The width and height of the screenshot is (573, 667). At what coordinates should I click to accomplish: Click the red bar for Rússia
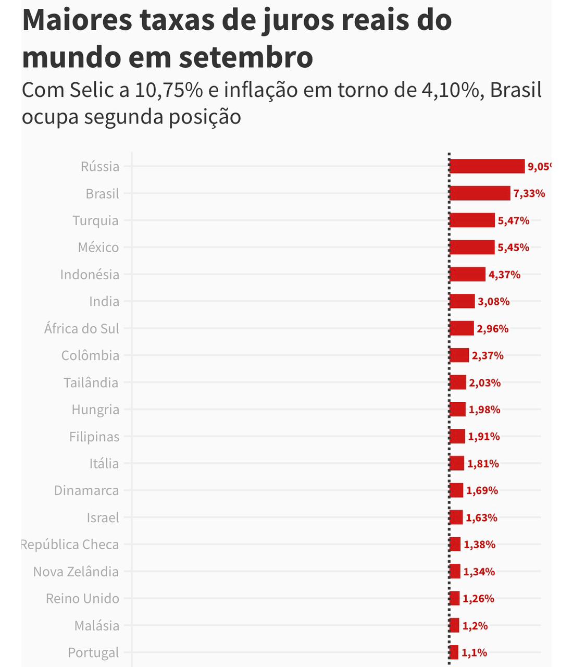[x=487, y=166]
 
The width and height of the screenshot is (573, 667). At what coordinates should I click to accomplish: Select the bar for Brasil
[x=480, y=193]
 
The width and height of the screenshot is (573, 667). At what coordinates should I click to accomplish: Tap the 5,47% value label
[x=514, y=220]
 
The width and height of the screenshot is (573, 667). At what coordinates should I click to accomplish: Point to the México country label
[x=98, y=248]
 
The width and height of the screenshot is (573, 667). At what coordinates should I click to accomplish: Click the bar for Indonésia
[x=467, y=274]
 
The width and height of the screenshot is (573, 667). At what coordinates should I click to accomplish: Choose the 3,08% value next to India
[x=494, y=301]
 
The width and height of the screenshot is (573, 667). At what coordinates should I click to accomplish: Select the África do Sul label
[x=82, y=329]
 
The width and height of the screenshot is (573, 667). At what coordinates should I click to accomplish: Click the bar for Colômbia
[x=459, y=355]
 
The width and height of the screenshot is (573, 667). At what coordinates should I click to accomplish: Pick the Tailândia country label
[x=91, y=382]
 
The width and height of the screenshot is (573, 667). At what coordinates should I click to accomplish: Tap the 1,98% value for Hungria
[x=484, y=410]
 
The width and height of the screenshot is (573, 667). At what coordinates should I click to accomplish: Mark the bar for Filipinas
[x=457, y=436]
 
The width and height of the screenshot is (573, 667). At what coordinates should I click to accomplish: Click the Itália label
[x=104, y=463]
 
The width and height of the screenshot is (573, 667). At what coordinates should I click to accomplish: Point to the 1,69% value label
[x=482, y=490]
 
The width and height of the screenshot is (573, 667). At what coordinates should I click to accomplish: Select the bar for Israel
[x=456, y=517]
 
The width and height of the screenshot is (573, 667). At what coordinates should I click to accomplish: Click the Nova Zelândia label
[x=76, y=572]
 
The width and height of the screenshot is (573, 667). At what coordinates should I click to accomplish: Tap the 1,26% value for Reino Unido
[x=478, y=599]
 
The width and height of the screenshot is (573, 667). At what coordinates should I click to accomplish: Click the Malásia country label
[x=97, y=625]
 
